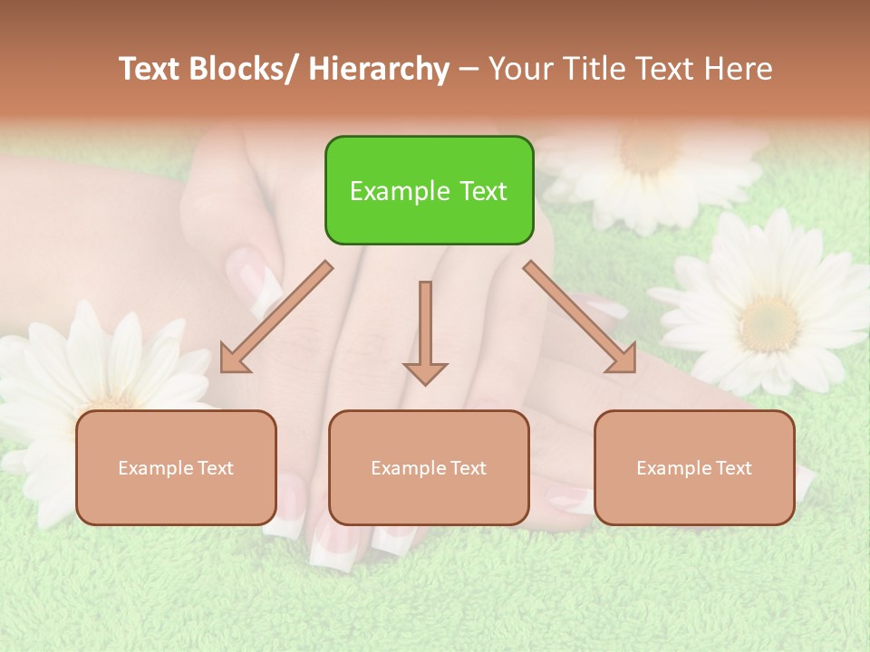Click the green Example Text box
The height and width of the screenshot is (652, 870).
(429, 190)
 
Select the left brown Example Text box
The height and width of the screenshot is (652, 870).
(176, 467)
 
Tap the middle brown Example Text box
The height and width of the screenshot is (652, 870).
(429, 467)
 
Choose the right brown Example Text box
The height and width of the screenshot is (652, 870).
(694, 467)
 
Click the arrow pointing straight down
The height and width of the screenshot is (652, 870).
(425, 331)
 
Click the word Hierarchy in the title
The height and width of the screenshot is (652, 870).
(379, 69)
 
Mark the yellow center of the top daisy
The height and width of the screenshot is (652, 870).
(648, 149)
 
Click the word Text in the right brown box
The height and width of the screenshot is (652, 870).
(733, 468)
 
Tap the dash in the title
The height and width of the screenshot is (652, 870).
(469, 69)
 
